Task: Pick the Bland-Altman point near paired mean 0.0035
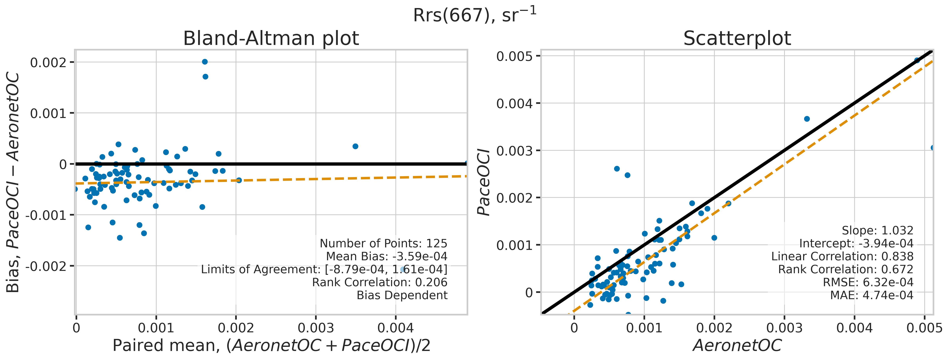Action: coord(355,146)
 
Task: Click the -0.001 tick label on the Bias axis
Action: coord(46,215)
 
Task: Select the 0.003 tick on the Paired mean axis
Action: coord(316,328)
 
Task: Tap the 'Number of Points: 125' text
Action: coord(383,244)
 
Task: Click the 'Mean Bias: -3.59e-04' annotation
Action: coord(387,257)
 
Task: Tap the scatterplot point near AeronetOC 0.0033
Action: coord(807,119)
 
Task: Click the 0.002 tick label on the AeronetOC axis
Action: coord(714,328)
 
